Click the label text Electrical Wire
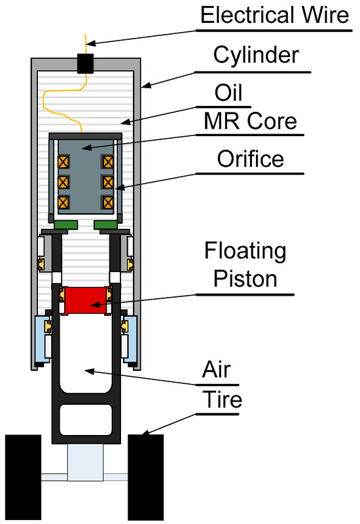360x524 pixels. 275,15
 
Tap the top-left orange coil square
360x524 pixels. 63,162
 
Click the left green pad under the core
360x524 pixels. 66,225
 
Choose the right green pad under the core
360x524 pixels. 106,225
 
